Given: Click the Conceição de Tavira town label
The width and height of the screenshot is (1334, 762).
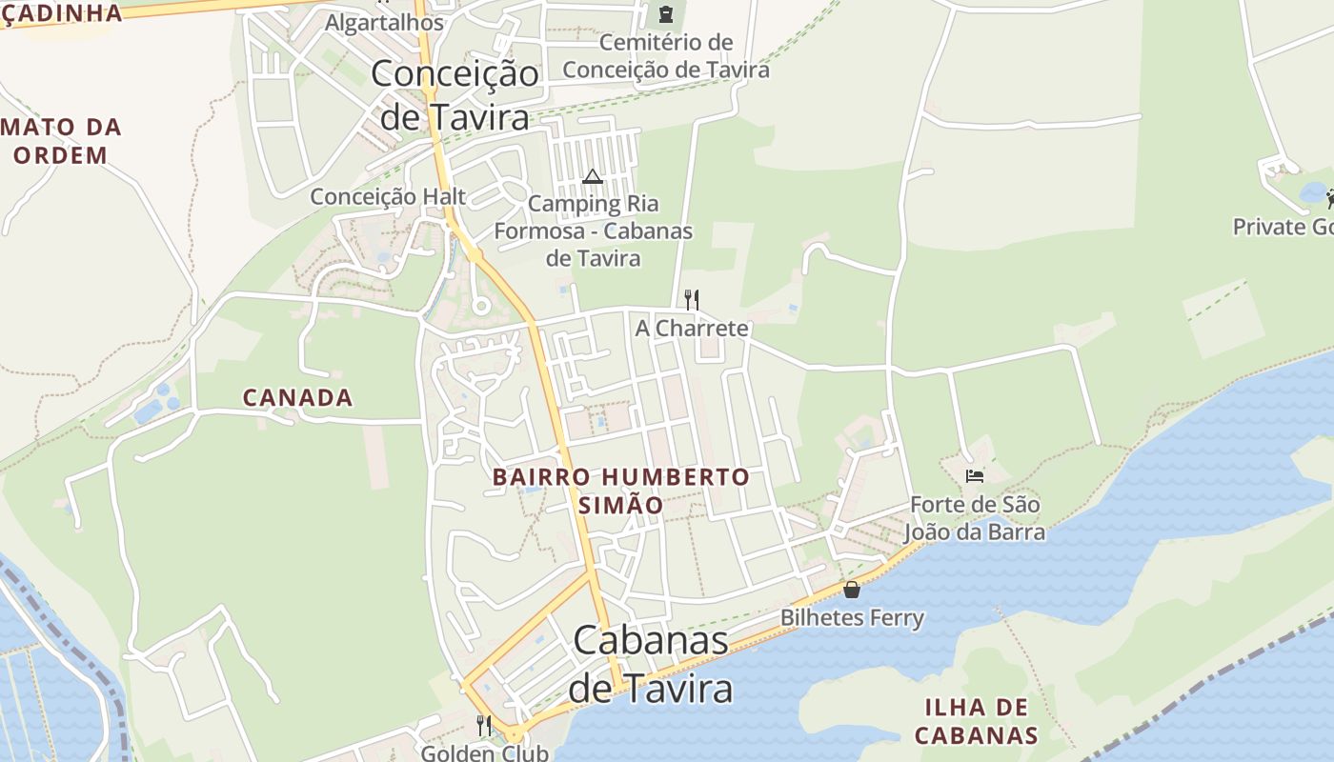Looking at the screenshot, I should [x=455, y=95].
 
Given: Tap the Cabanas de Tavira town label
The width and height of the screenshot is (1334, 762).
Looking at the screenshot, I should [x=651, y=664].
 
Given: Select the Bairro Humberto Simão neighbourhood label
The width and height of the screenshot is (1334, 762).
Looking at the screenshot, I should [x=621, y=491].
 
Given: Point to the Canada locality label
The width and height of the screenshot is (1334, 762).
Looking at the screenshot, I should [x=297, y=397].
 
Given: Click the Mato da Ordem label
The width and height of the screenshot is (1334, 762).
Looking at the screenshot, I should [x=62, y=141].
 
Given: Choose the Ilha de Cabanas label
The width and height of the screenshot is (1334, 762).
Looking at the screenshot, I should [x=976, y=721].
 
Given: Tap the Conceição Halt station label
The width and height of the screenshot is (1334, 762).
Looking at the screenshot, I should [x=388, y=196].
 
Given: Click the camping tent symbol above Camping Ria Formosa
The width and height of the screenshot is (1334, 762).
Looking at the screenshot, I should [x=593, y=176].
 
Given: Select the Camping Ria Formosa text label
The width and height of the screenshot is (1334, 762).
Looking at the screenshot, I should [x=593, y=231].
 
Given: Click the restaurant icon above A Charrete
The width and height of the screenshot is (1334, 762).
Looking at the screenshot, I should [x=692, y=300].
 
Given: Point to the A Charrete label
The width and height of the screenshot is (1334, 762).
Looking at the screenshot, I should [x=692, y=329].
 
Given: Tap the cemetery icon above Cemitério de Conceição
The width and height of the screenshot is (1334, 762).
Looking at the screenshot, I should [x=665, y=14].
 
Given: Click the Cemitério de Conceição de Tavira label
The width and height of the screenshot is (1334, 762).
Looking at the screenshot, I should [x=665, y=56].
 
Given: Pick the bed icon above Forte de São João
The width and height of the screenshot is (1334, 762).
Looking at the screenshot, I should [x=974, y=475].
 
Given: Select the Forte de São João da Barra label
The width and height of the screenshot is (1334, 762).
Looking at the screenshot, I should [x=974, y=518].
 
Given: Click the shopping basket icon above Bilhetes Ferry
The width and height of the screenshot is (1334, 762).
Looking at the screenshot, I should [x=852, y=590].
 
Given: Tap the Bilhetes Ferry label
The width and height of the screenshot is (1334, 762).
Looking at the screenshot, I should [x=852, y=618].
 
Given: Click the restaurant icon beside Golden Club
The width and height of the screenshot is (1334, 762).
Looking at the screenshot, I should [x=483, y=726].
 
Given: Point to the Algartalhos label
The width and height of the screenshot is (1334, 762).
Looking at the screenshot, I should [x=384, y=22].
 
